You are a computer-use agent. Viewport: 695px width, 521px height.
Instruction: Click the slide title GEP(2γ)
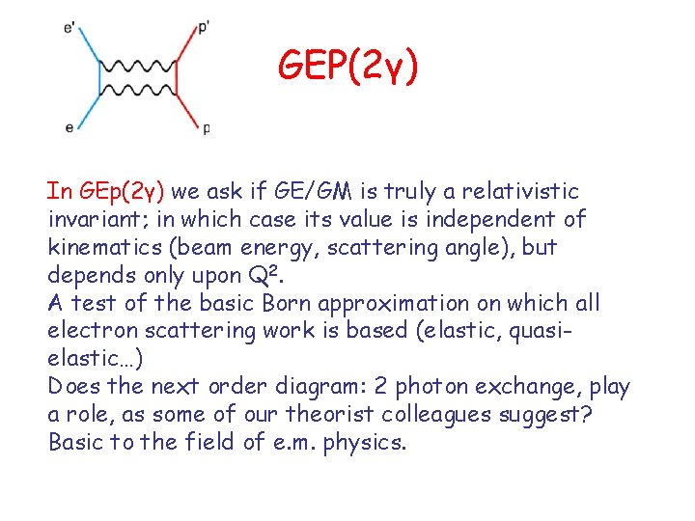(348, 66)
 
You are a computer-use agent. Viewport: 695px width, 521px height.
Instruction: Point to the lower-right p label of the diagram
(206, 128)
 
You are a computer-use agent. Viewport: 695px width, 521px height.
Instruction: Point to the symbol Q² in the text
(273, 275)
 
